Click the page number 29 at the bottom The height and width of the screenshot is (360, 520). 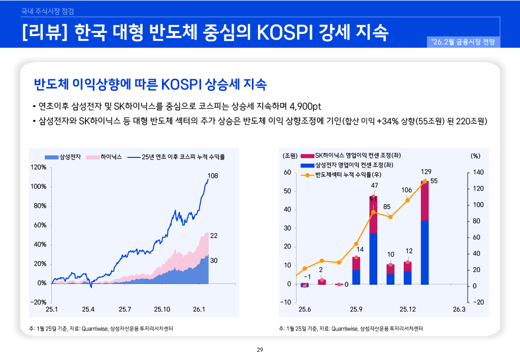point(260,349)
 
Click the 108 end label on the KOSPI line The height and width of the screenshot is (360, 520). point(213,176)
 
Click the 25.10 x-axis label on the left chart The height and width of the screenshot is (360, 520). point(162,309)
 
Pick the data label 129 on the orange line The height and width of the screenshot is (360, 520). point(426,172)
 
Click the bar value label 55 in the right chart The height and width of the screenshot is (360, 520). point(434,181)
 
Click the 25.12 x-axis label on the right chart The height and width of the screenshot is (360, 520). point(407,309)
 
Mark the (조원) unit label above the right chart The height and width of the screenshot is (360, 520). point(289,155)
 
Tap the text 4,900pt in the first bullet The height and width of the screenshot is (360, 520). point(305,107)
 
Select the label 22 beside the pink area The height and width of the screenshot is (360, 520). point(214,236)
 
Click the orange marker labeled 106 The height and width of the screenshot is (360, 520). point(407,200)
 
